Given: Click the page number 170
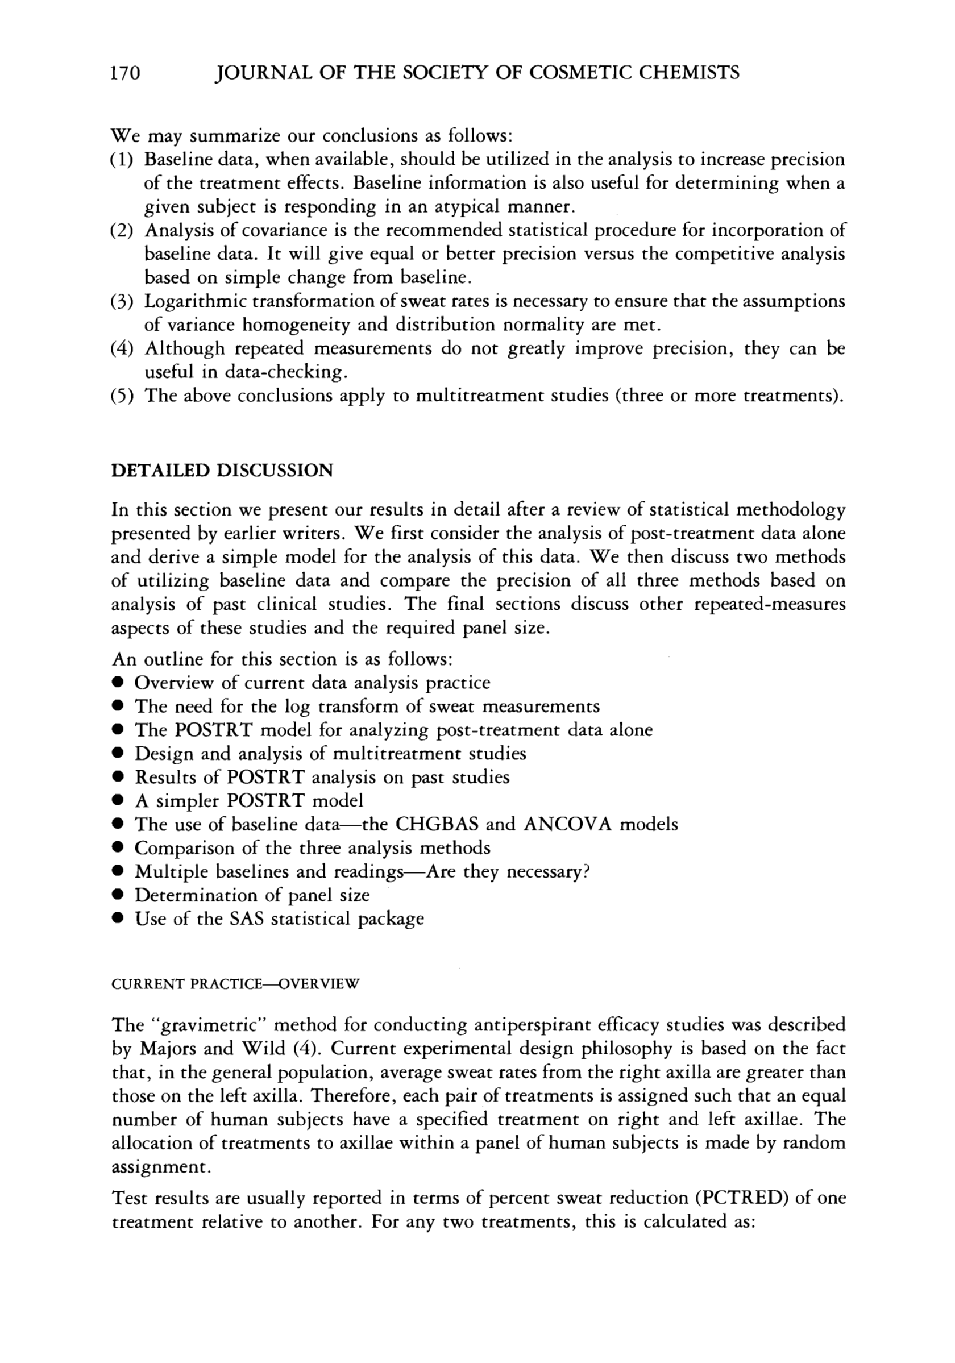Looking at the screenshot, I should pos(124,73).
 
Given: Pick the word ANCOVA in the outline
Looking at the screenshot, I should pos(568,825).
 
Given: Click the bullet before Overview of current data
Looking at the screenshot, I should pos(118,684).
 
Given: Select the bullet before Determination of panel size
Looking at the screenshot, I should pos(118,896).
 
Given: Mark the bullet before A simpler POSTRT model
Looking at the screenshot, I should pos(118,801).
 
